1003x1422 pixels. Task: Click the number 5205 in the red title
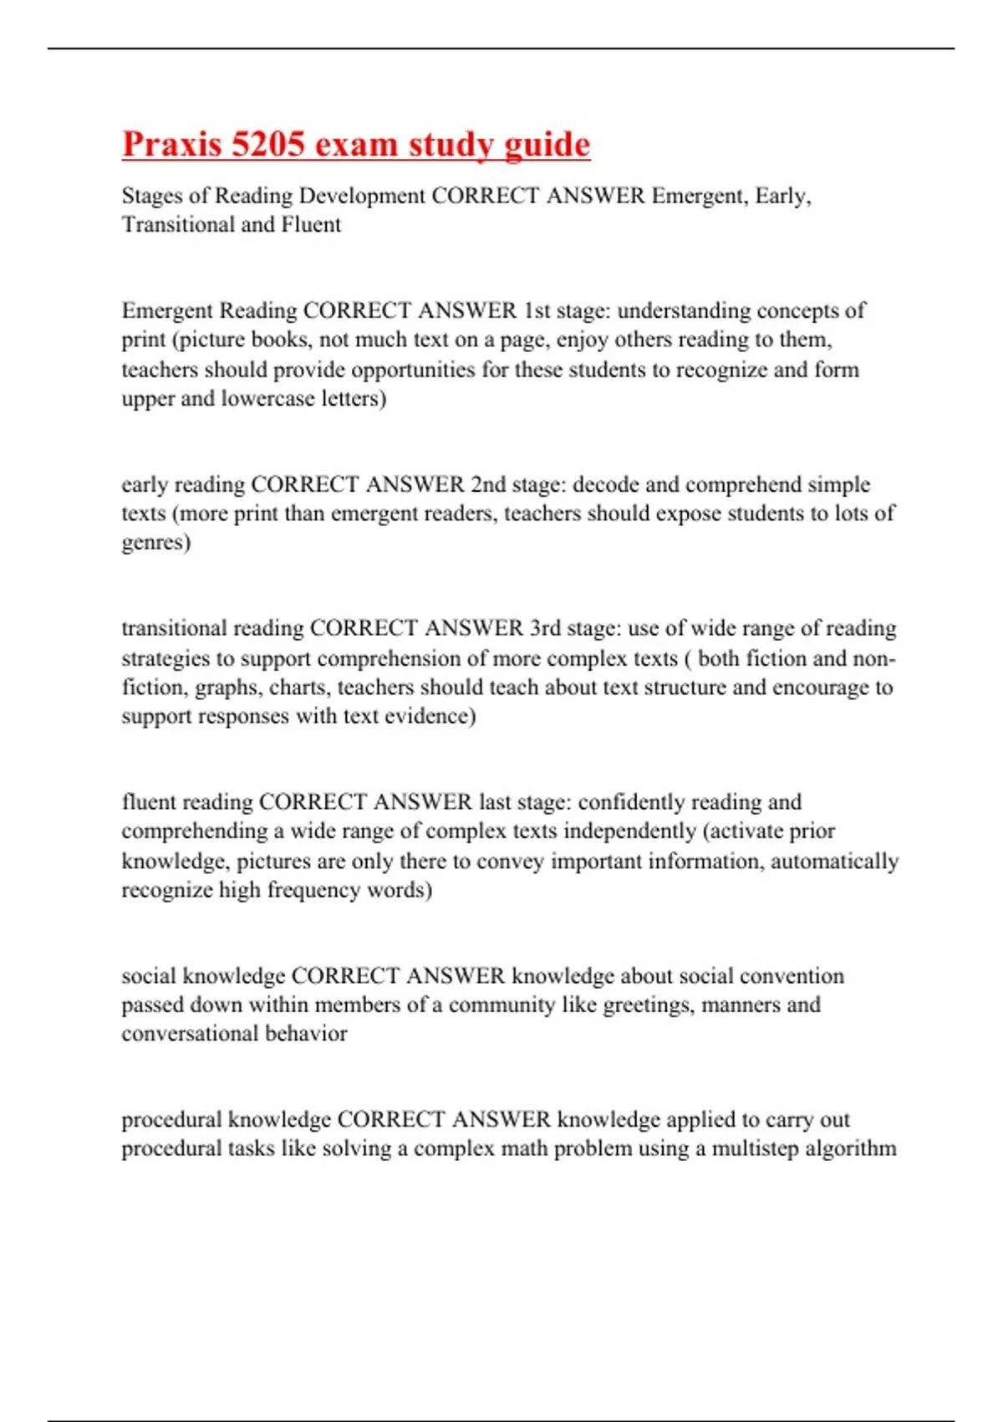click(x=267, y=144)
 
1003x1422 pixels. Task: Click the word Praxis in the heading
click(x=171, y=144)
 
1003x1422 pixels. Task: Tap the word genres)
click(x=156, y=543)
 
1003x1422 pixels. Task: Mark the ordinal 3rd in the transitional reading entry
click(x=545, y=628)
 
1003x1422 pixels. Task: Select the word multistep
click(x=750, y=1148)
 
